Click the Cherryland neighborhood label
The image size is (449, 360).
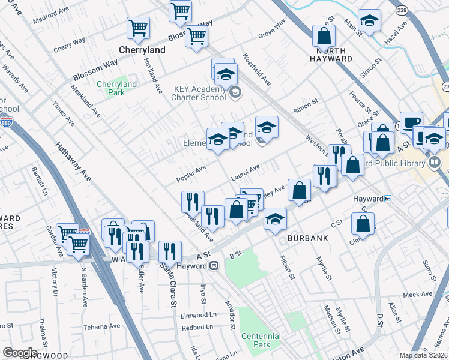[142, 50]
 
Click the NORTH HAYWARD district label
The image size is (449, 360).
[331, 55]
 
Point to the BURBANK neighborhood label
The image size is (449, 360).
[307, 238]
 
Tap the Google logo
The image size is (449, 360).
[20, 352]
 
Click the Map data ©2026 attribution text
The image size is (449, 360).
[423, 355]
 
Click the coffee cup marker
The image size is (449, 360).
[411, 122]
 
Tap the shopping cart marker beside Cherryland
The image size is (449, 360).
[139, 28]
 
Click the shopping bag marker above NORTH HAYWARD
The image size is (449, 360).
[324, 35]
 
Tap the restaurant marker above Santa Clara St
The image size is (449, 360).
[170, 251]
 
